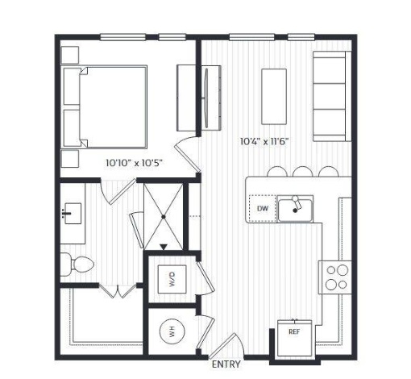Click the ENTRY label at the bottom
[x=226, y=364]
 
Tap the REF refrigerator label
[x=294, y=331]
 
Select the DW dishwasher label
[x=263, y=208]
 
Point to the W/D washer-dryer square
[x=172, y=279]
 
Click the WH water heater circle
[x=172, y=331]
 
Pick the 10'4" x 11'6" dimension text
[x=264, y=141]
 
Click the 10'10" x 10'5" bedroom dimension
[x=135, y=163]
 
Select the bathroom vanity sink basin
[x=73, y=214]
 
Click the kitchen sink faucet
[x=297, y=203]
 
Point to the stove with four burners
[x=335, y=277]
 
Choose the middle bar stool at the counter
[x=303, y=172]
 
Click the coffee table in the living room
[x=274, y=97]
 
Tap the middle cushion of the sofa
[x=330, y=96]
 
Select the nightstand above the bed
[x=70, y=55]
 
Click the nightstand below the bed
[x=70, y=159]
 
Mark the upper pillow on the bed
[x=72, y=86]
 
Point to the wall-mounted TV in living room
[x=206, y=98]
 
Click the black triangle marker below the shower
[x=164, y=247]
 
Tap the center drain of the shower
[x=164, y=217]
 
